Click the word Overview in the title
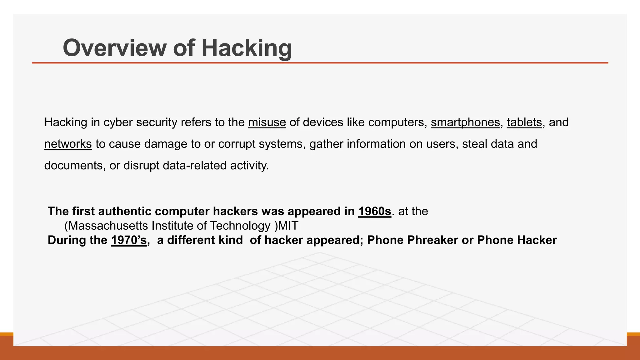tap(114, 48)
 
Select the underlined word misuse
tap(267, 122)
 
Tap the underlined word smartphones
tap(465, 122)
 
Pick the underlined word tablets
tap(524, 122)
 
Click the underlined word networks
tap(68, 144)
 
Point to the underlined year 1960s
tap(374, 212)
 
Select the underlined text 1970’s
tap(128, 240)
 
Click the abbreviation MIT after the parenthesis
tap(288, 226)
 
